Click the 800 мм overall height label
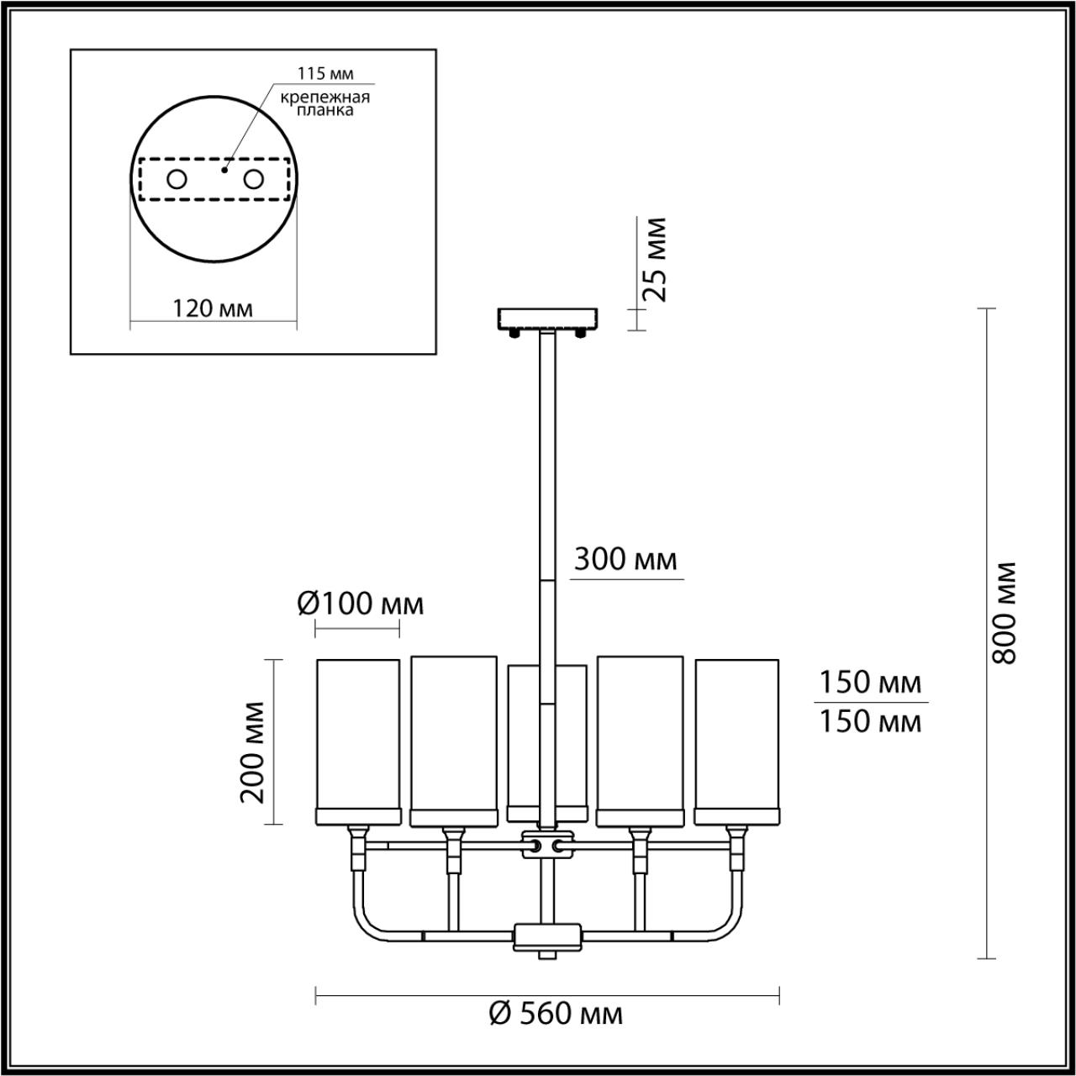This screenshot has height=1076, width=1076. (x=1004, y=612)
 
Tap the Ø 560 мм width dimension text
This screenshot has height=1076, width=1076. (x=556, y=1014)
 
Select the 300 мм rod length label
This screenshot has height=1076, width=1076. (x=625, y=559)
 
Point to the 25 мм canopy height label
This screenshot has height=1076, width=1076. (x=654, y=260)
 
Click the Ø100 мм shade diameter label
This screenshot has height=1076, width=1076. (x=360, y=604)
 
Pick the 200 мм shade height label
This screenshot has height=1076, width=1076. (x=253, y=752)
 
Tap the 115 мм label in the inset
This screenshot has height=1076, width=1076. (x=324, y=74)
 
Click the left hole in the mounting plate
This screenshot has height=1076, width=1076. (x=177, y=179)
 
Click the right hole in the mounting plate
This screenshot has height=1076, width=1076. (x=253, y=179)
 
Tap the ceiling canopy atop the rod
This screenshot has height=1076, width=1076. (x=547, y=319)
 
